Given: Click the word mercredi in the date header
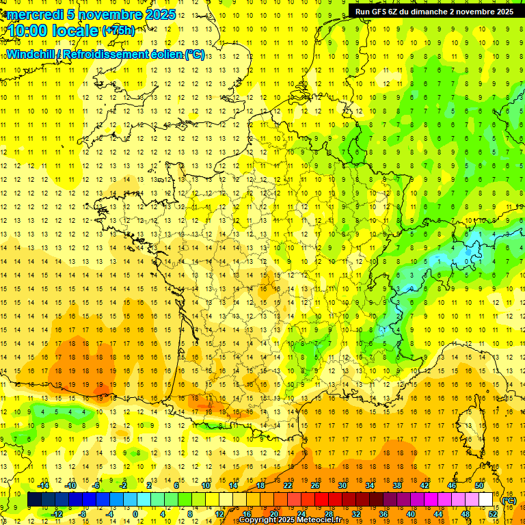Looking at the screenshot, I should [x=38, y=14].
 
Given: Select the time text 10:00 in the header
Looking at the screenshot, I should [x=31, y=31].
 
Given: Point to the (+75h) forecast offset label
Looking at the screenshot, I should [x=118, y=31].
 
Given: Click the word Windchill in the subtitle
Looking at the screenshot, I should [x=32, y=54].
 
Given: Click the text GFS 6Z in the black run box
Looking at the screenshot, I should [x=387, y=12].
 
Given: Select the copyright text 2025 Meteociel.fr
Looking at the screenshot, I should [x=312, y=520].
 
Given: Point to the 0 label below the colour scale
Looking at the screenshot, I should [x=135, y=514].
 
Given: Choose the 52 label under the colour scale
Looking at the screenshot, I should [x=493, y=514].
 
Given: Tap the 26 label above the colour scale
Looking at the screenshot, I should [x=315, y=485].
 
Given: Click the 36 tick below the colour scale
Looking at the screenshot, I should [x=383, y=514].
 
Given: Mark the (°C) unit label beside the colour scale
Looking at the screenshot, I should [x=509, y=500].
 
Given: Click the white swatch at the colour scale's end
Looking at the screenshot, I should [x=486, y=500].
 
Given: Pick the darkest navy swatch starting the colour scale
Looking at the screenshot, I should [x=34, y=500].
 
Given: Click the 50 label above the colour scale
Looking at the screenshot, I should [x=479, y=485].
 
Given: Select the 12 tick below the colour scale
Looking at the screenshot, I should [x=219, y=514].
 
